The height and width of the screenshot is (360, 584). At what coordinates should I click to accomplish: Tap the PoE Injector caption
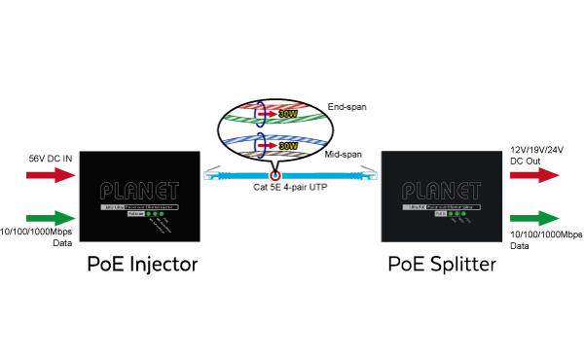point(143,263)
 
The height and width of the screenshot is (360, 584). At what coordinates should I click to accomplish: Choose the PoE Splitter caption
point(443,263)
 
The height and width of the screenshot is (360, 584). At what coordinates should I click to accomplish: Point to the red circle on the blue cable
point(275,179)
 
